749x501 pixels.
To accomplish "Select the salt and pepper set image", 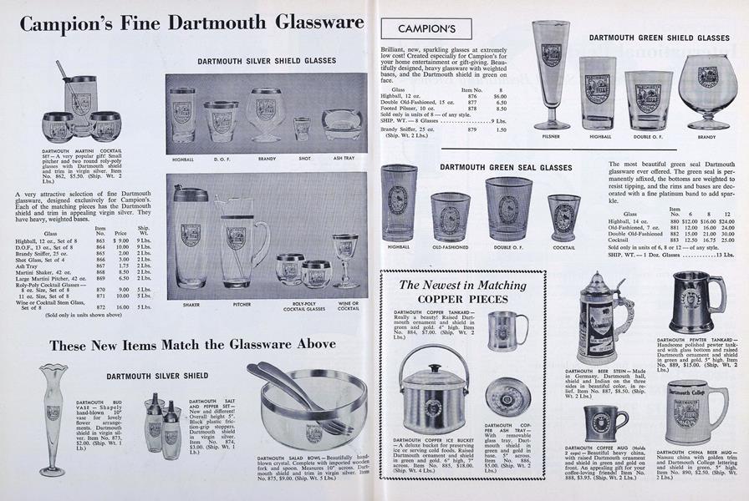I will (162, 422).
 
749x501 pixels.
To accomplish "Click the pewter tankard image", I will (695, 303).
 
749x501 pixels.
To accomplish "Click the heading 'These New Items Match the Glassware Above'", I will (192, 344).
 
